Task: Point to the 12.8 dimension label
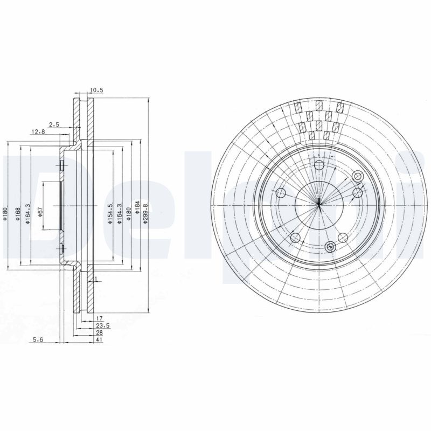click(37, 132)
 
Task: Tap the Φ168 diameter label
click(18, 214)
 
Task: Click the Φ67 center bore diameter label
click(40, 213)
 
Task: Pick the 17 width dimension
click(99, 319)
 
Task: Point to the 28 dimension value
click(100, 333)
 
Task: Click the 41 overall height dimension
click(100, 340)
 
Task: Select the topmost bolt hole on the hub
click(319, 165)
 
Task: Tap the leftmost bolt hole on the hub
click(280, 193)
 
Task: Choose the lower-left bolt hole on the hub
click(295, 238)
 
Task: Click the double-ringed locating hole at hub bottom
click(331, 247)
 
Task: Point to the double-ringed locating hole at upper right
click(358, 176)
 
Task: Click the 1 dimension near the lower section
click(95, 280)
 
